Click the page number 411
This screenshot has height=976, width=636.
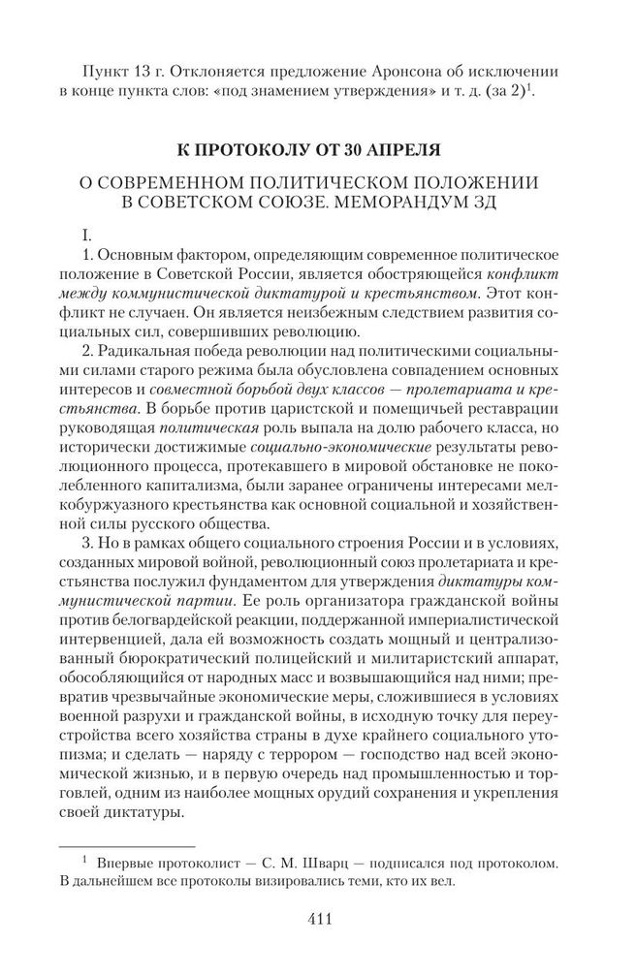317,919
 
